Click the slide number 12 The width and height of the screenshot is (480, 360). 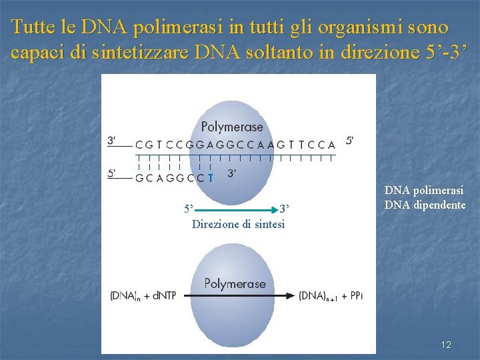[x=446, y=345]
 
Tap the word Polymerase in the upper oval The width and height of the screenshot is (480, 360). [x=232, y=126]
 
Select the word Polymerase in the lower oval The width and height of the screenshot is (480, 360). [x=235, y=283]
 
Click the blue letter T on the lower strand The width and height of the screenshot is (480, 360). [x=211, y=178]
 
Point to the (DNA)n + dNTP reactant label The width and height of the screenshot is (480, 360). [x=143, y=296]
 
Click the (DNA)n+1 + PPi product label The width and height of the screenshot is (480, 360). [x=331, y=296]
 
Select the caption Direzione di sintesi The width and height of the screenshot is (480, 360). [x=238, y=224]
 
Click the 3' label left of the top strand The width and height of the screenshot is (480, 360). [x=112, y=141]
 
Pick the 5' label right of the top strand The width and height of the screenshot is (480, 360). [x=350, y=141]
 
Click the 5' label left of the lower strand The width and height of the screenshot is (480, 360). [x=112, y=173]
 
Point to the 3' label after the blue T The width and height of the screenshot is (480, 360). [x=232, y=173]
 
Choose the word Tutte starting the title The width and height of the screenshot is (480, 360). [x=33, y=28]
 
